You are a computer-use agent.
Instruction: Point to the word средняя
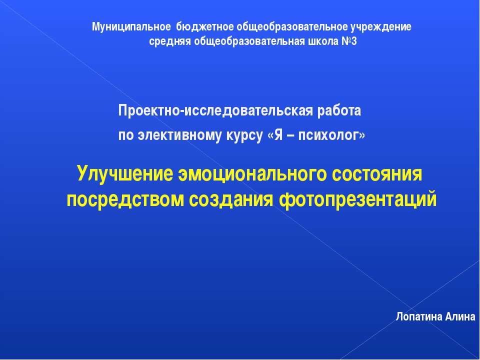point(169,41)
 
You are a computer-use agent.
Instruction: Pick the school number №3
point(349,41)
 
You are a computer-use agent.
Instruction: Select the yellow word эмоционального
point(249,174)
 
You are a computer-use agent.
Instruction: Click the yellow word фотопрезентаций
point(357,199)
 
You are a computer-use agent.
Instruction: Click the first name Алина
point(459,317)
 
